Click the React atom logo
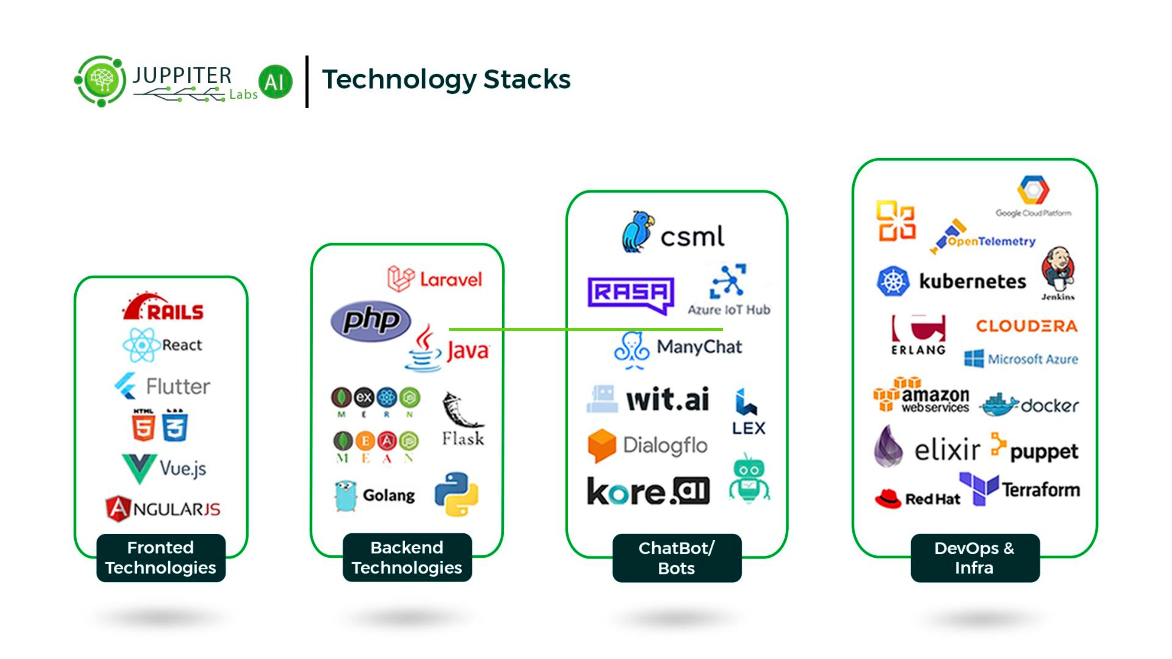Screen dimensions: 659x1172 coord(142,345)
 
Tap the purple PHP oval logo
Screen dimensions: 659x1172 coord(370,320)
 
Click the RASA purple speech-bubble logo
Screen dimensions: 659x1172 coord(630,294)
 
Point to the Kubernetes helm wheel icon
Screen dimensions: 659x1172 coord(893,281)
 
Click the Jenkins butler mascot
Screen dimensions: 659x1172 coord(1058,270)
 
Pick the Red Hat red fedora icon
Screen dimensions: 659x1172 coord(887,499)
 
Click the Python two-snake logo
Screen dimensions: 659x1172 coord(456,494)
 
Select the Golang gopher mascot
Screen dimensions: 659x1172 coord(346,496)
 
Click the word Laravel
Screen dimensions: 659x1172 coord(451,279)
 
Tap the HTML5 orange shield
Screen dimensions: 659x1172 coord(143,426)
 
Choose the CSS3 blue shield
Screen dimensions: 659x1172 coord(175,426)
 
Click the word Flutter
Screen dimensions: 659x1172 coord(178,387)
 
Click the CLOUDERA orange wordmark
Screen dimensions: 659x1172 coord(1027,326)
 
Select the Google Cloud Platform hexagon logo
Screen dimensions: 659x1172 coord(1033,190)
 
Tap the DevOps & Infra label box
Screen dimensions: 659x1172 coord(975,558)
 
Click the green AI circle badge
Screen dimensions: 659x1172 coord(275,82)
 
